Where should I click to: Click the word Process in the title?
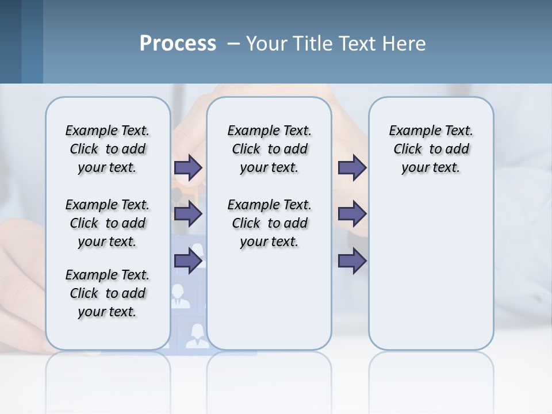point(178,43)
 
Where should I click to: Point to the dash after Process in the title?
point(233,44)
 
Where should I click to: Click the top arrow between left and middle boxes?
point(188,167)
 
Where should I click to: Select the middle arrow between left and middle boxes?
point(188,214)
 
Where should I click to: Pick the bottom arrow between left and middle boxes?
point(188,262)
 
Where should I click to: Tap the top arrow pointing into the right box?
point(352,167)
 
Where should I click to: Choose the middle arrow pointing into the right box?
point(352,214)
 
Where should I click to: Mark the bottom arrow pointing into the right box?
point(352,262)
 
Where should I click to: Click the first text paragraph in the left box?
point(108,149)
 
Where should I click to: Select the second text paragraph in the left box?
point(108,223)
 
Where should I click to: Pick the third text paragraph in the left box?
point(108,293)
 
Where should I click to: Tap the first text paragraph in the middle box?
point(269,149)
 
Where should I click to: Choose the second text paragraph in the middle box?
point(269,223)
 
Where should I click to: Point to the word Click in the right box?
point(408,149)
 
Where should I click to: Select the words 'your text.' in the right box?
point(431,168)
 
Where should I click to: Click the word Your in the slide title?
point(266,44)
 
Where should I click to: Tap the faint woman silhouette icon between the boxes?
point(197,335)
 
